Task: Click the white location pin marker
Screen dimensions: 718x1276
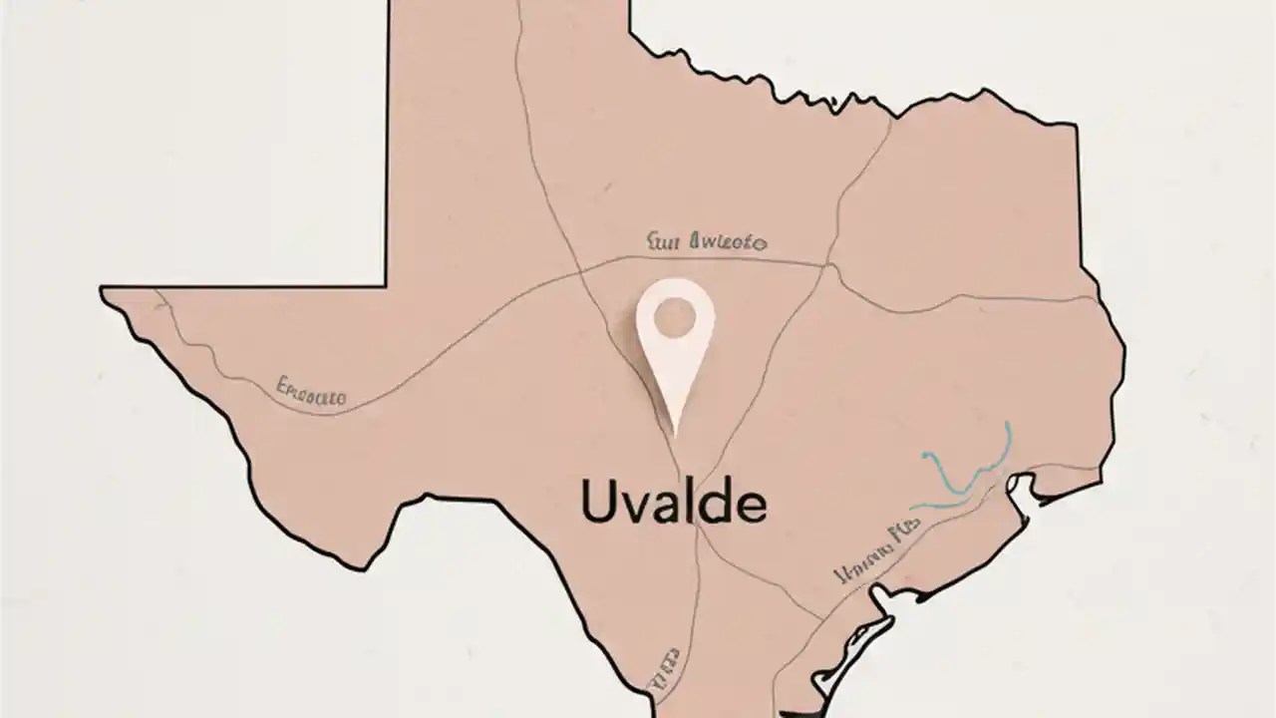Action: tap(675, 349)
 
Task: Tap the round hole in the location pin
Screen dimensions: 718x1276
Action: tap(675, 317)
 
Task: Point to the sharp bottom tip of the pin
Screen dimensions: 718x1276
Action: tap(676, 435)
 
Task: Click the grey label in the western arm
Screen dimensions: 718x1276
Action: tap(311, 392)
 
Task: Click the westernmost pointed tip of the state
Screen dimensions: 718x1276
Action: tap(103, 290)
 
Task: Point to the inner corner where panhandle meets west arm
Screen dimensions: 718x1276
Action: tap(387, 285)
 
